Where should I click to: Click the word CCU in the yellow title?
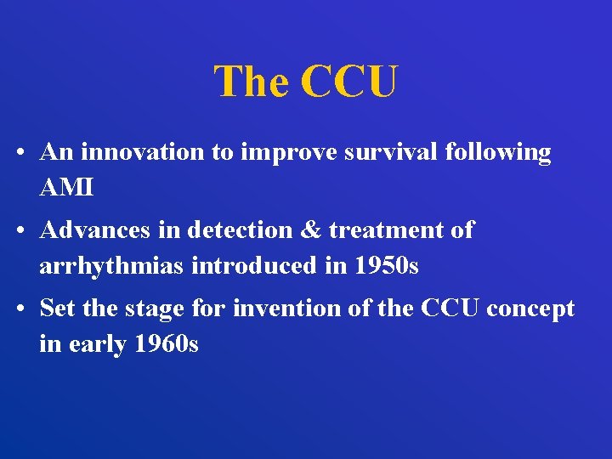(348, 82)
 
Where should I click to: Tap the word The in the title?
(252, 82)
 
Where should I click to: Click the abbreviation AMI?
(66, 188)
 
